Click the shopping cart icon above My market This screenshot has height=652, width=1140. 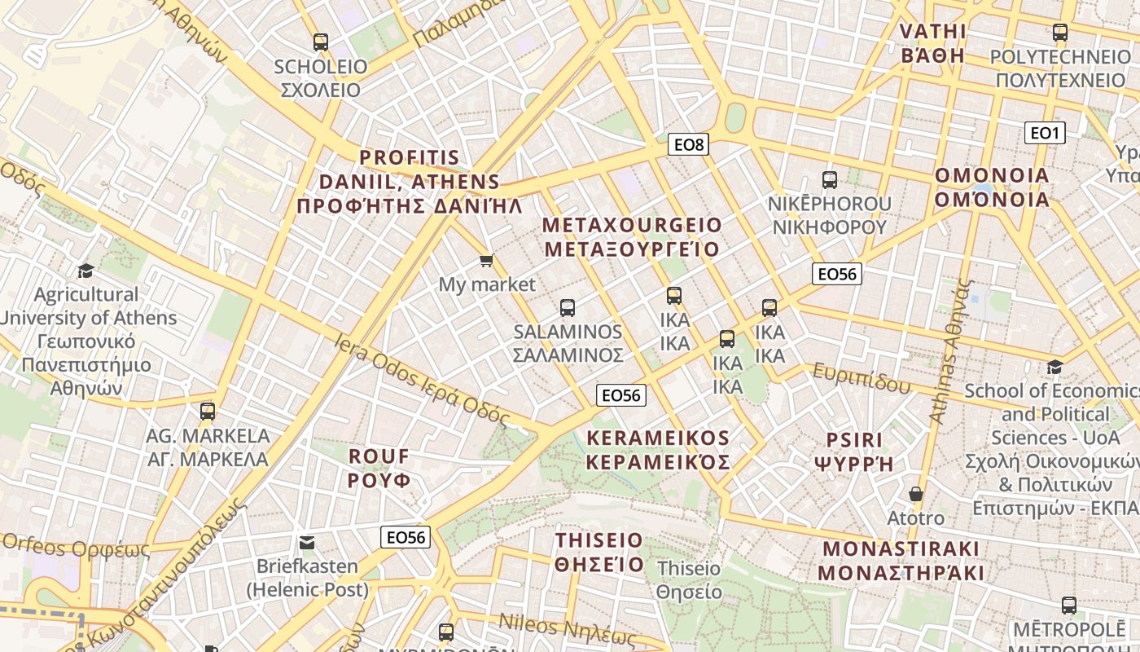486,261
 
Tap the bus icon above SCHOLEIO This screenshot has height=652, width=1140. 321,42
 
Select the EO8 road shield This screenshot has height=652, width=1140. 688,145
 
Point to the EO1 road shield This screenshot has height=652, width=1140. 1044,133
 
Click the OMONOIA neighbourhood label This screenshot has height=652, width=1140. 992,187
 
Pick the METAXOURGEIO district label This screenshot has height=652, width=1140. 632,236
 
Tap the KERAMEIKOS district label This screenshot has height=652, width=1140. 658,450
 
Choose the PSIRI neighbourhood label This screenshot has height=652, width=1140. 853,452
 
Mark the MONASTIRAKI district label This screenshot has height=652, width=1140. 901,561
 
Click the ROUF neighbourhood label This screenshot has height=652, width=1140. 379,468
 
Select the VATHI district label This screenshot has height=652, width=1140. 932,44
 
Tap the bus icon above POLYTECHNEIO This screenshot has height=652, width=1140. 1059,33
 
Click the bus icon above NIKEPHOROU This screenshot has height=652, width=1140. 830,180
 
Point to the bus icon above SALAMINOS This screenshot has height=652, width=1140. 568,308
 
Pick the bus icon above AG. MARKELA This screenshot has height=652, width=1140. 208,412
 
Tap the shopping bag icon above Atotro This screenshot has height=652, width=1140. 916,494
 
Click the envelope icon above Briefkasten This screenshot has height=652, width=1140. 307,542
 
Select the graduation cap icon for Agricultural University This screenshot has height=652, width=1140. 85,271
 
